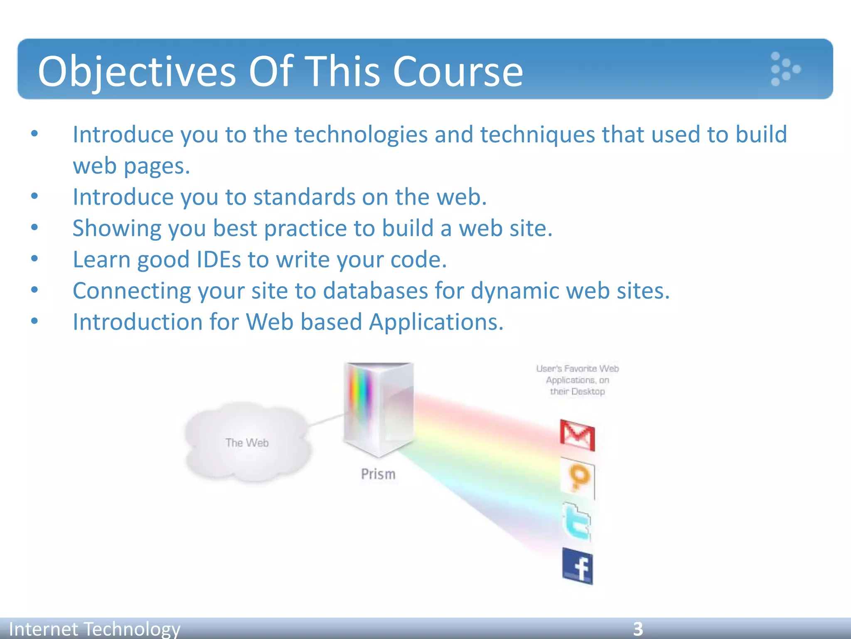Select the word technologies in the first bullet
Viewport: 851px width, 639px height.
coord(361,135)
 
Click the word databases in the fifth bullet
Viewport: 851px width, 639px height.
coord(375,291)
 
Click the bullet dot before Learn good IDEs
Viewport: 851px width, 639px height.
coord(34,259)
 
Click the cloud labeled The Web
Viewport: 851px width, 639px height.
coord(247,442)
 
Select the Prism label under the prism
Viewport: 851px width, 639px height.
coord(378,474)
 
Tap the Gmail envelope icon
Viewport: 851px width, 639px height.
coord(578,435)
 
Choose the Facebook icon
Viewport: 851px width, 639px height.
coord(578,567)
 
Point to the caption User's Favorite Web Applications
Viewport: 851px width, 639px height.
coord(577,380)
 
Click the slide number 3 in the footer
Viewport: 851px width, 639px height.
coord(638,629)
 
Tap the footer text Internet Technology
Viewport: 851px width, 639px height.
coord(95,629)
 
